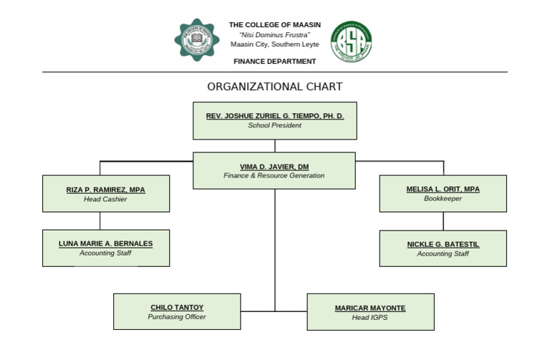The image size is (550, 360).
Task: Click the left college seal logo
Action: coord(198,40)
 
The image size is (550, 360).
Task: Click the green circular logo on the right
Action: coord(351,42)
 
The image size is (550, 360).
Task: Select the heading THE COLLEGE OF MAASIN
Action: coord(274,25)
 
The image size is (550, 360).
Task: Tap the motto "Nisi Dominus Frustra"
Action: coord(274,34)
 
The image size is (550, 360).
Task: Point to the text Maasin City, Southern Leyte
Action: coord(274,44)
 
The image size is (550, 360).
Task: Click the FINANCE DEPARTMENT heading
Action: coord(274,62)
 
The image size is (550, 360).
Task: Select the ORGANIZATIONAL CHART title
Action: coord(274,87)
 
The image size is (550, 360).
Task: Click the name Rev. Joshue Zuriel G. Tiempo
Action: coord(274,115)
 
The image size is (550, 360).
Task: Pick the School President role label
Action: coord(274,125)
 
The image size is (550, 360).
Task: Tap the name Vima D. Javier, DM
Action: coord(274,166)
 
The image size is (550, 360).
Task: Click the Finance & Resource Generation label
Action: coord(274,175)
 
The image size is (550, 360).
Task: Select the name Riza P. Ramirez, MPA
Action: coord(105,190)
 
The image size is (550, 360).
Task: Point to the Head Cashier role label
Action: coord(105,199)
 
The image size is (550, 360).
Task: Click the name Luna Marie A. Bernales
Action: coord(105,243)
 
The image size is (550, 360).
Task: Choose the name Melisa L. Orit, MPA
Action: coord(443,189)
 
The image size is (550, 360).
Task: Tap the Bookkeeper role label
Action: coord(443,198)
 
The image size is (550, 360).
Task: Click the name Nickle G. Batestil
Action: coord(443,244)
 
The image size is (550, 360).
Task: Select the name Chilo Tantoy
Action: coord(177,308)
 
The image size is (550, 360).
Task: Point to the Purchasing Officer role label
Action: coord(177,317)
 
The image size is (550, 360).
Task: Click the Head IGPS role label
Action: coord(370,317)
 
